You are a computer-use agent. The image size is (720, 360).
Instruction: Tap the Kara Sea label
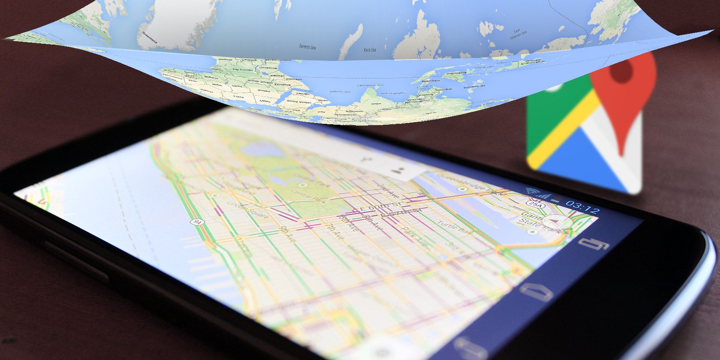(x=369, y=50)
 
